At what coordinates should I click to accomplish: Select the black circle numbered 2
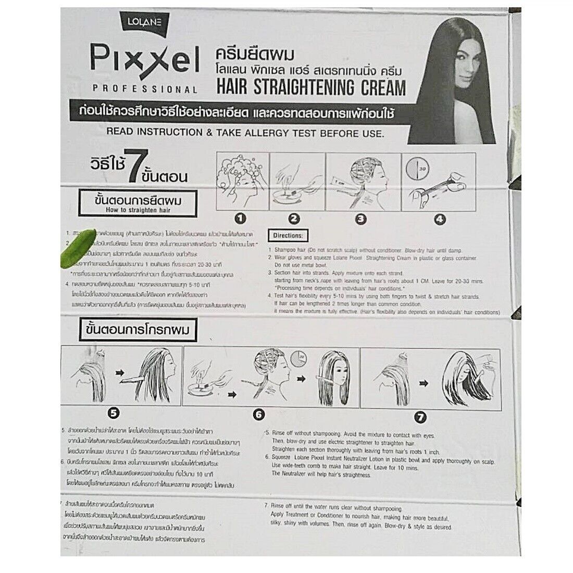click(294, 219)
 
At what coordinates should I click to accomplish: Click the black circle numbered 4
click(439, 219)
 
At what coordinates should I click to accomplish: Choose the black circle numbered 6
click(259, 415)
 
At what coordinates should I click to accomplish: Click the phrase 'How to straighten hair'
click(134, 210)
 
